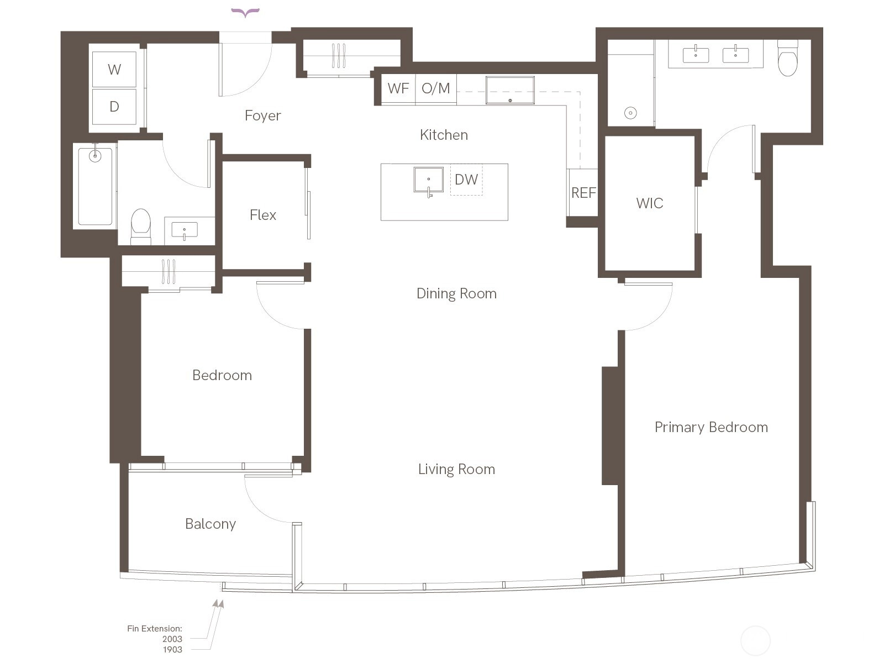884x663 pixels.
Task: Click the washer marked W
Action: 114,69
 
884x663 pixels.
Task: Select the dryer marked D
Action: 114,106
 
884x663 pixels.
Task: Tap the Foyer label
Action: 262,115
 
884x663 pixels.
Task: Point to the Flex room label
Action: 263,215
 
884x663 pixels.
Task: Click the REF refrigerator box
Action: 583,192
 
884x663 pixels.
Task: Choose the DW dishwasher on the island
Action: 466,180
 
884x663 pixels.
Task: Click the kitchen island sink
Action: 429,180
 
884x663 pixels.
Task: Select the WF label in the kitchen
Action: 398,88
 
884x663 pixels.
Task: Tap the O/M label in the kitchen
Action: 436,88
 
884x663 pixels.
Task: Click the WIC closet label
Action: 650,203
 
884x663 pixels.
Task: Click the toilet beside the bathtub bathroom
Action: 141,226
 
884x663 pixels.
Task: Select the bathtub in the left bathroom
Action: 95,186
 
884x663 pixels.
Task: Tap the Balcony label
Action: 211,524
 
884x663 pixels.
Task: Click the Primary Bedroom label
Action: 711,427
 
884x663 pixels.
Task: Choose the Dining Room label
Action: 456,293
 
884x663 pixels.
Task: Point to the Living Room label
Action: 456,470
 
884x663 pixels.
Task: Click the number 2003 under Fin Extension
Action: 172,639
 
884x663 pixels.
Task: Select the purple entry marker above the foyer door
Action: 245,13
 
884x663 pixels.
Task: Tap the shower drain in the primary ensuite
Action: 630,113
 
